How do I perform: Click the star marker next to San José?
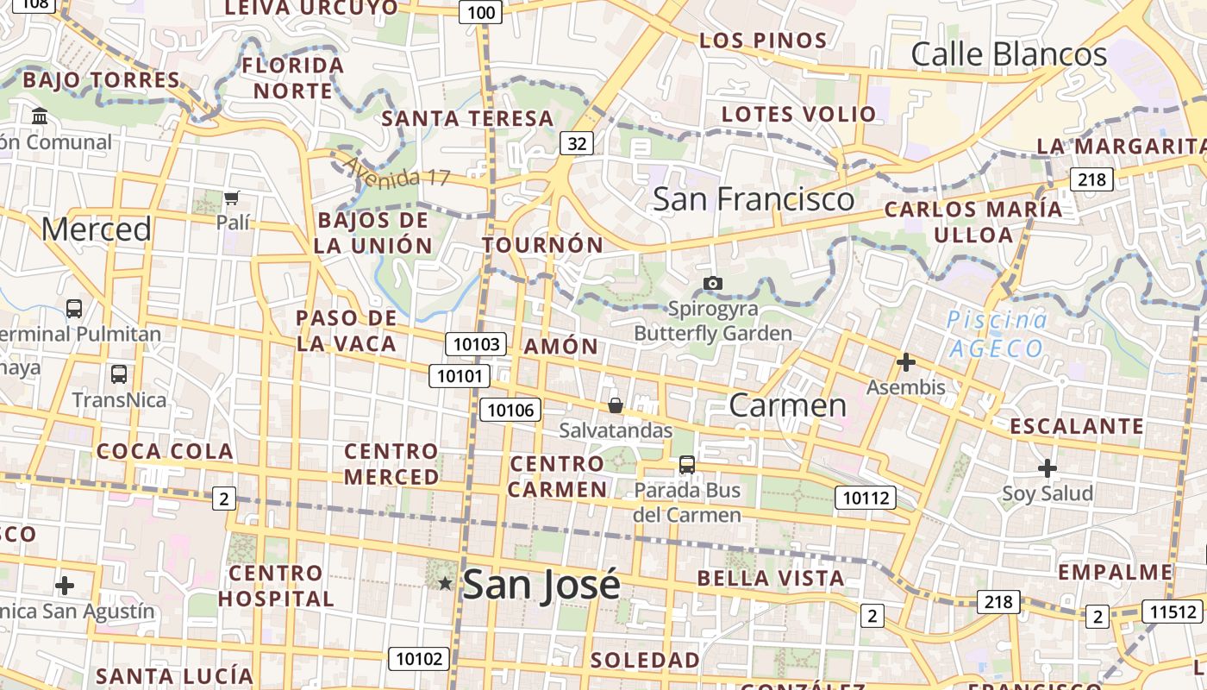tap(445, 584)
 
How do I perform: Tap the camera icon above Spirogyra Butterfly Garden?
tap(712, 283)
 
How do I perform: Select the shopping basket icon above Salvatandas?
tap(616, 405)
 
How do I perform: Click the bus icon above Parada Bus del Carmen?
tap(687, 465)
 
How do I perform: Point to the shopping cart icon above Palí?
tap(231, 198)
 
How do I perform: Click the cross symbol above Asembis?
tap(905, 362)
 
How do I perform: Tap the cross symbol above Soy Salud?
tap(1048, 468)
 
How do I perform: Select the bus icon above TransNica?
tap(119, 374)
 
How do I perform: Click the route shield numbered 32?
tap(577, 142)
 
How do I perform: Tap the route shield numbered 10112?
tap(865, 497)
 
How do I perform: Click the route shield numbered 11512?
tap(1173, 612)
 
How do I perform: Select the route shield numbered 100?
tap(480, 11)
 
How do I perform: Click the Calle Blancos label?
tap(1009, 54)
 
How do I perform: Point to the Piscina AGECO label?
tap(997, 335)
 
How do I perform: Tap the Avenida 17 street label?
tap(397, 171)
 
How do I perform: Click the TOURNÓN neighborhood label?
tap(543, 245)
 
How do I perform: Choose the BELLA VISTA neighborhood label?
tap(771, 578)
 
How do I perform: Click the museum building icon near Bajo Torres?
tap(40, 116)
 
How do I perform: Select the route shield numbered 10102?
tap(419, 659)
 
